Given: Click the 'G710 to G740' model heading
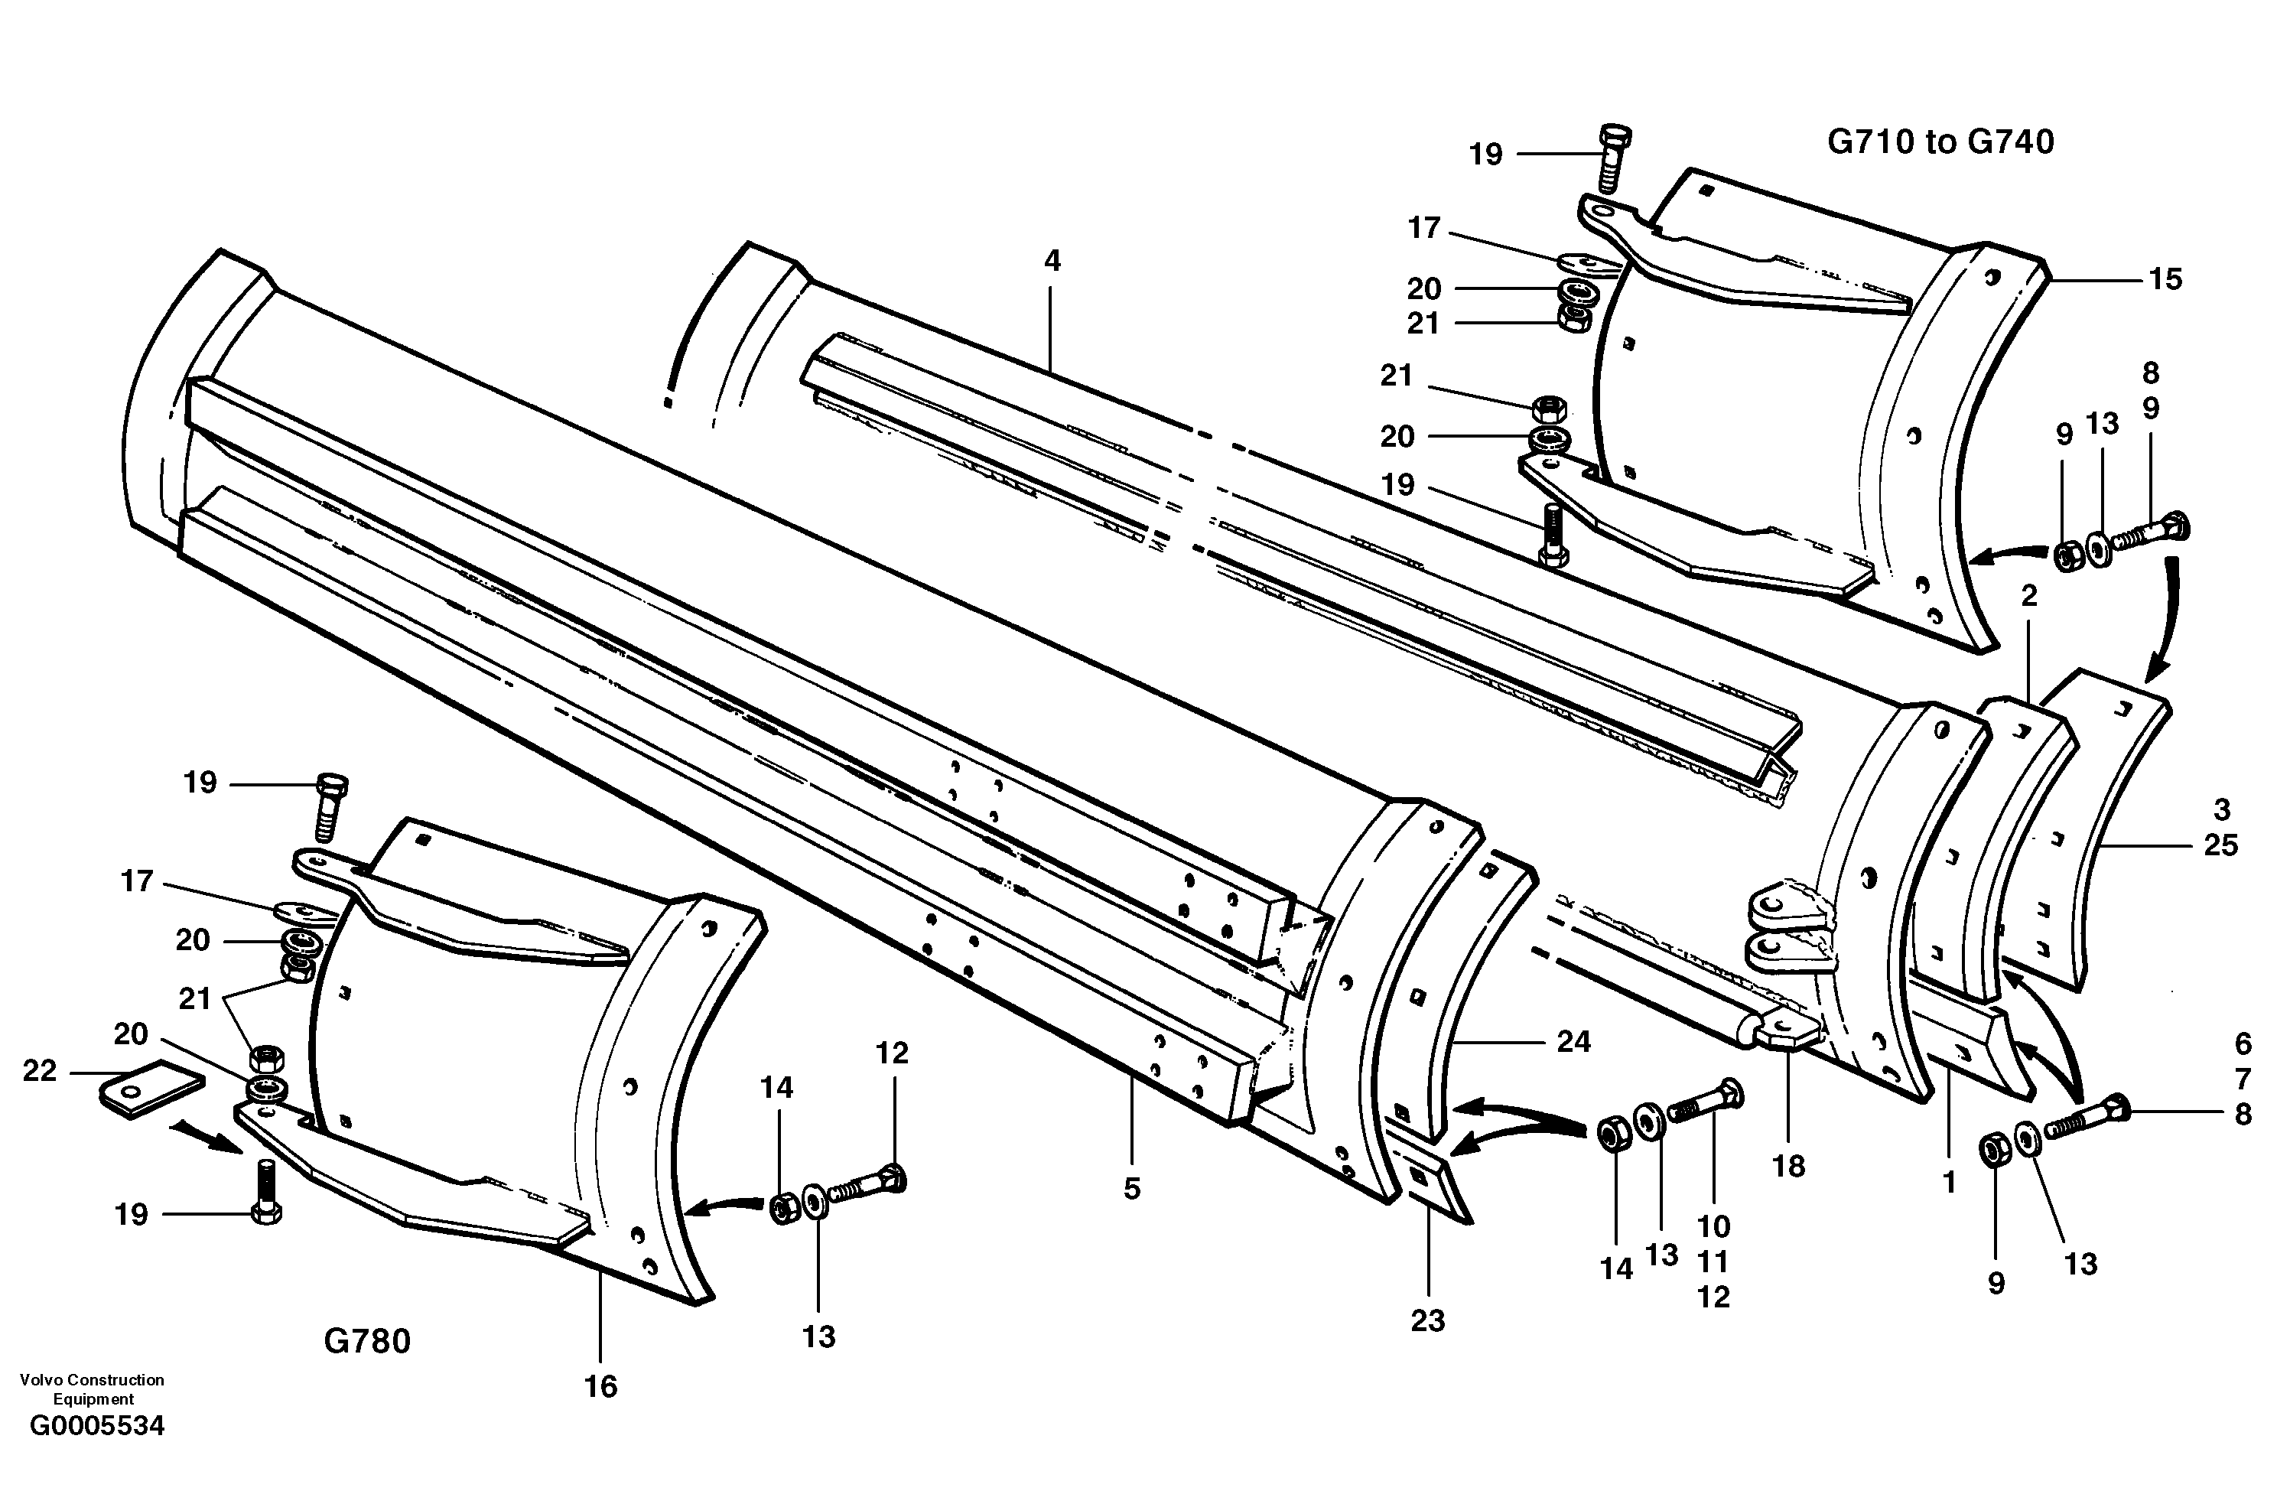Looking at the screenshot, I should tap(1940, 142).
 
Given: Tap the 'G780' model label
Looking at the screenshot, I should tap(367, 1341).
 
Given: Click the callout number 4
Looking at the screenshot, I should tap(1052, 260).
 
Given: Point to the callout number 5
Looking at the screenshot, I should tap(1132, 1189).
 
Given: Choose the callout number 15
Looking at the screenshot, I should tap(2165, 279).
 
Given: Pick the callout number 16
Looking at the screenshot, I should tap(601, 1385).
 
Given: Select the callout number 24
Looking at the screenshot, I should tap(1574, 1041).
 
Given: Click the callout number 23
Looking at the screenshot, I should tap(1427, 1320).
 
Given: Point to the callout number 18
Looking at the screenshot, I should tap(1788, 1166).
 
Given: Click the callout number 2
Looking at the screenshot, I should tap(2029, 596).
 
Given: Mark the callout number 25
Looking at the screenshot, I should tap(2221, 845).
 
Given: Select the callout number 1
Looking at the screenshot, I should tap(1949, 1183).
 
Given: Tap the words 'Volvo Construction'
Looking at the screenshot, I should tap(92, 1380).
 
